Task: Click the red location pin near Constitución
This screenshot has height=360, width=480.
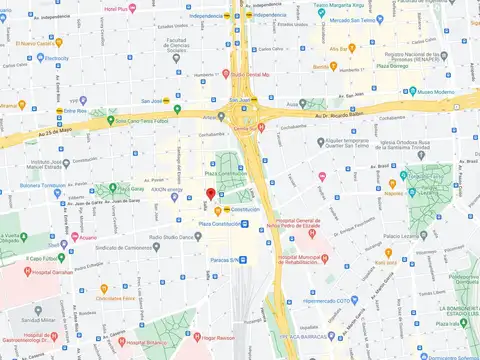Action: pyautogui.click(x=210, y=194)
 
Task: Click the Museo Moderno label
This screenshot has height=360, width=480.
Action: pyautogui.click(x=437, y=92)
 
